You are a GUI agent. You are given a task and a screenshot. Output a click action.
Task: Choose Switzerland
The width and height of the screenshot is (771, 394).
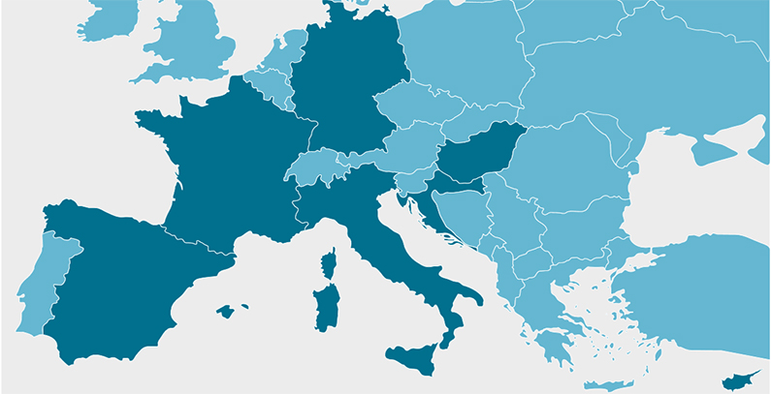point(315,167)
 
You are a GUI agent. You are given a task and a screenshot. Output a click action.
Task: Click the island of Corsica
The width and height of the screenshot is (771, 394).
point(331,263)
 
